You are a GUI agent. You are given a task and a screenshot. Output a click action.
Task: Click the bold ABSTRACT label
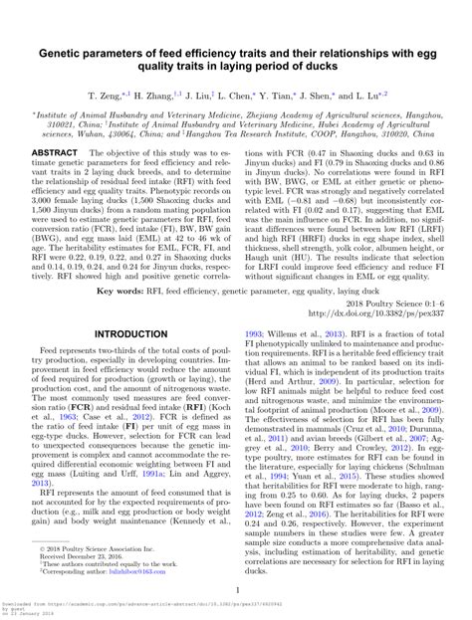click(53, 152)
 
